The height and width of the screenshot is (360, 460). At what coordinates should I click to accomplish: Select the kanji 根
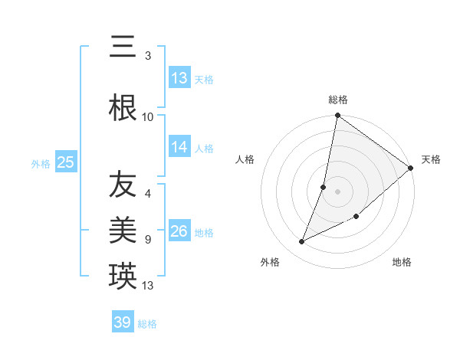tap(123, 106)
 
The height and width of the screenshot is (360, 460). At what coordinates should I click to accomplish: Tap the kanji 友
tap(123, 184)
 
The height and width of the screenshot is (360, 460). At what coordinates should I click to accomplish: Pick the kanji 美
tap(123, 229)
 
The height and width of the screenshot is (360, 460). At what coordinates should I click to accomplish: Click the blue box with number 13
tap(179, 78)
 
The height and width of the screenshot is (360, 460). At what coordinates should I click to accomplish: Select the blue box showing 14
tap(179, 147)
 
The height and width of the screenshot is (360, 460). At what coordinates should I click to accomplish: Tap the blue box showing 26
tap(179, 231)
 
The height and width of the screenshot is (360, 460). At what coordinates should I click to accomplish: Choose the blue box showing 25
tap(65, 162)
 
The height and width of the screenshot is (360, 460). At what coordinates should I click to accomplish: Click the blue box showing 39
tap(123, 322)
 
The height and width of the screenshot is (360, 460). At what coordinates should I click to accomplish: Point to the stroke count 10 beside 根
tap(148, 117)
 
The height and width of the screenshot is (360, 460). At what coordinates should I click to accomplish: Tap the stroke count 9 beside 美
tap(148, 239)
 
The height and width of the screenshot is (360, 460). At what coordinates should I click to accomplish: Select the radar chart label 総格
tap(338, 100)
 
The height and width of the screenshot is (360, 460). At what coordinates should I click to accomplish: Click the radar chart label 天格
tap(431, 159)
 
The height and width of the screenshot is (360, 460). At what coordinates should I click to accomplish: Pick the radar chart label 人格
tap(245, 159)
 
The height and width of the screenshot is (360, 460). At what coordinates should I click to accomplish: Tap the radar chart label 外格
tap(270, 262)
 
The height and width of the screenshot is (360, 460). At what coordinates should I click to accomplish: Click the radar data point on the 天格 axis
tap(411, 169)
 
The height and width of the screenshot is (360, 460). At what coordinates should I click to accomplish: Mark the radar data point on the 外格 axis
tap(302, 242)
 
